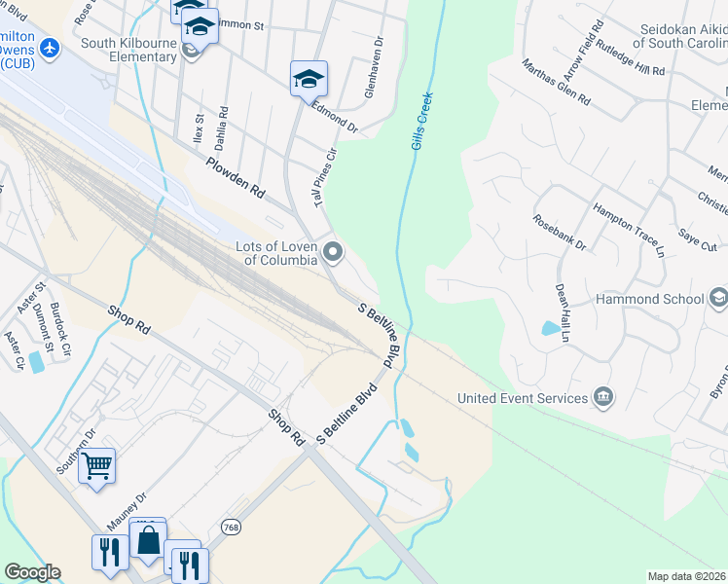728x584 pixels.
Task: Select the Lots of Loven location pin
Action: click(334, 253)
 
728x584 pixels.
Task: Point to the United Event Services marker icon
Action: click(603, 397)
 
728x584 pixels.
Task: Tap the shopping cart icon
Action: click(97, 466)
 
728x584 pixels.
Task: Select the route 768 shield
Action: click(230, 527)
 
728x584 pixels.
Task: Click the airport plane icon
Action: click(51, 48)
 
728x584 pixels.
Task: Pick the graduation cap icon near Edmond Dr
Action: click(309, 79)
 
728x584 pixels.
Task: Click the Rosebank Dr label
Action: click(560, 232)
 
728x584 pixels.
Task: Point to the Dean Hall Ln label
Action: click(562, 312)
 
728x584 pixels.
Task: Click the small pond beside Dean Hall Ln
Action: click(551, 328)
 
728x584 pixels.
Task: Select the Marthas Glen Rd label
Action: click(556, 82)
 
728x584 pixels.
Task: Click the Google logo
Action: click(32, 572)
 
